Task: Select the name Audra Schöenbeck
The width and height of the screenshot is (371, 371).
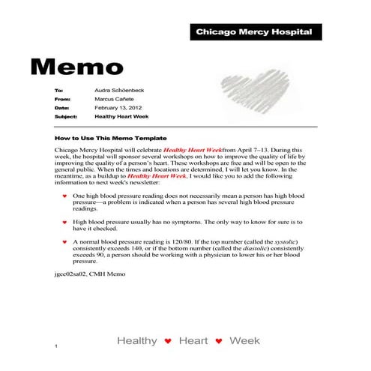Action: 120,90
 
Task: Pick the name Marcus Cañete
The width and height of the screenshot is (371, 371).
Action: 115,99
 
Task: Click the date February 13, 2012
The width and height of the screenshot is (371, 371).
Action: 119,108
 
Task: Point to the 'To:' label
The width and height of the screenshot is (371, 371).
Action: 59,90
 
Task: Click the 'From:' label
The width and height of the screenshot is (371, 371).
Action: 62,99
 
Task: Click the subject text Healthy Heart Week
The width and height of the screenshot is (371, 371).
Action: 121,117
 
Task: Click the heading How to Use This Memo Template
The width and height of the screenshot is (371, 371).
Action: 110,139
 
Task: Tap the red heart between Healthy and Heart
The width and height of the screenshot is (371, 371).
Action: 168,342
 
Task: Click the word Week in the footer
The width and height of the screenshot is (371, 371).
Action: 244,341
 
